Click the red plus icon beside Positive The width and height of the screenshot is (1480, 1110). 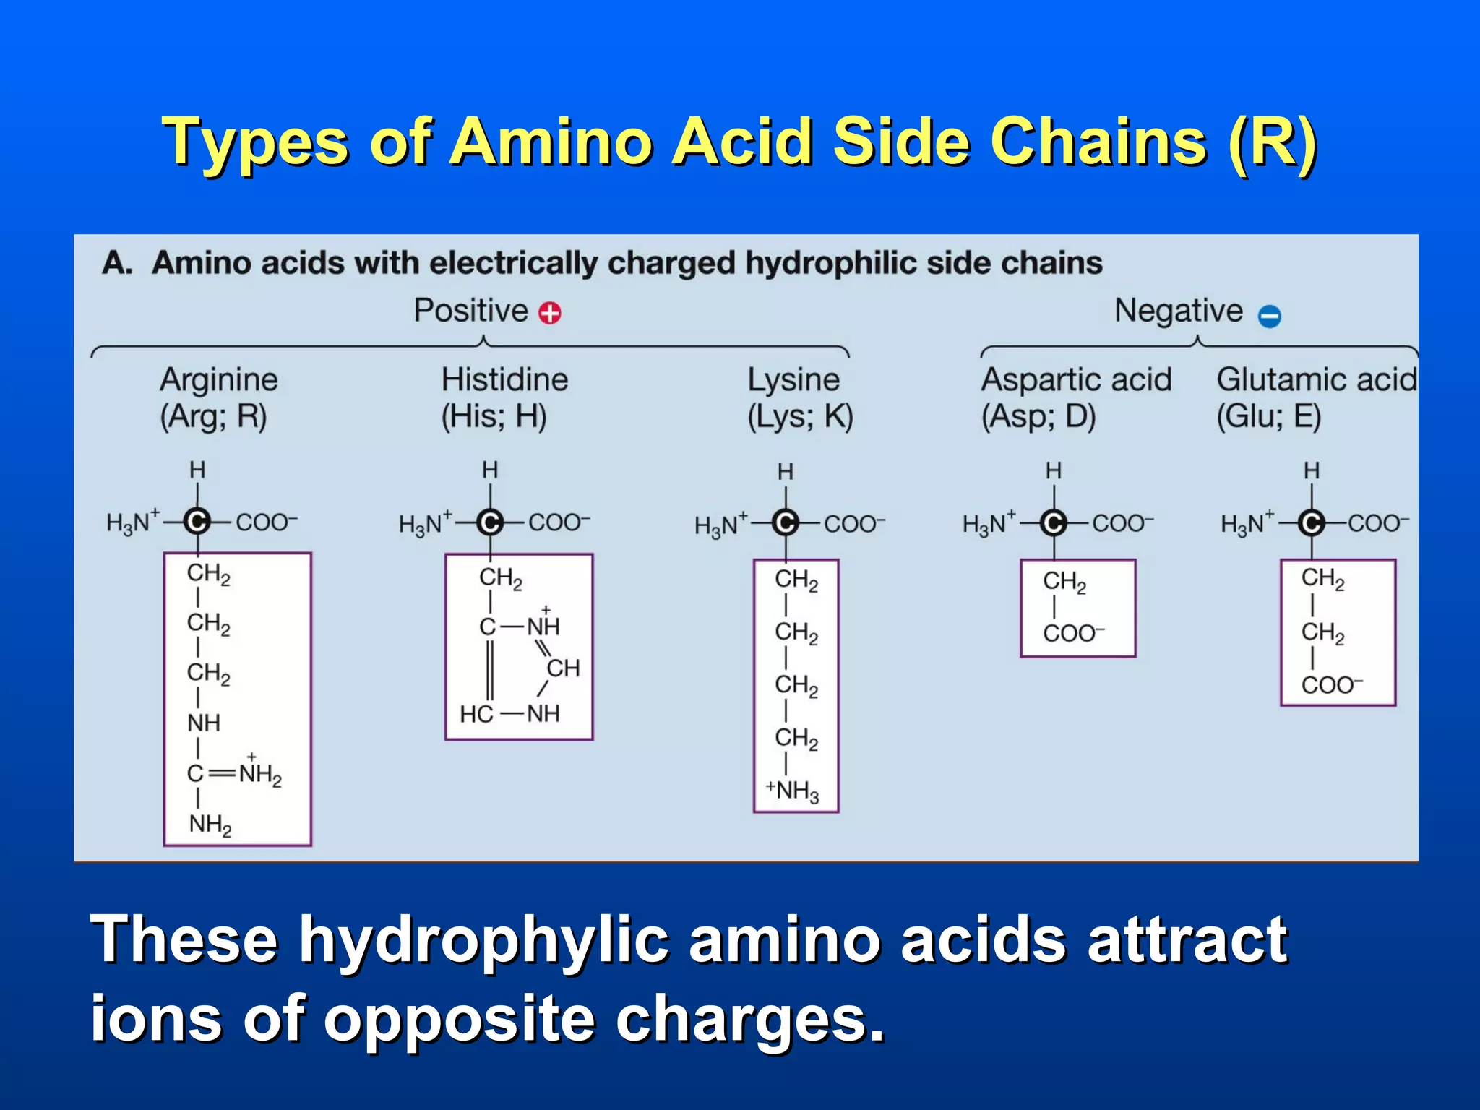tap(550, 313)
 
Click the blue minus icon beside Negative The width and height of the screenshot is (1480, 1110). tap(1270, 316)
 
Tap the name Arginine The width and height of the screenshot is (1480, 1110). tap(219, 379)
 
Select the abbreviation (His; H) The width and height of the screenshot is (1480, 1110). tap(494, 416)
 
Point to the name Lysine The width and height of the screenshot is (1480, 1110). tap(793, 379)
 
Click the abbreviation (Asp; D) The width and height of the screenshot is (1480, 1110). tap(1038, 416)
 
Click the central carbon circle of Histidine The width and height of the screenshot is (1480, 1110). tap(490, 522)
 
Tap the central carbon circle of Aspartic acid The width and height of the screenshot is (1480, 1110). tap(1054, 522)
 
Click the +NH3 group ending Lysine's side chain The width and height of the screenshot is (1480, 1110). tap(793, 791)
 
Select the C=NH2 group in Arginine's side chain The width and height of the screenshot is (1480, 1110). tap(234, 773)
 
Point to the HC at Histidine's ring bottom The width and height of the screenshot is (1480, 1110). tap(476, 714)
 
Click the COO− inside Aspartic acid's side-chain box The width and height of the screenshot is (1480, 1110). tap(1073, 633)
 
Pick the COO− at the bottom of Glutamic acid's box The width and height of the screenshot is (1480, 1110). tap(1332, 684)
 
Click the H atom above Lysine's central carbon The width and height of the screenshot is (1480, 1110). tap(786, 472)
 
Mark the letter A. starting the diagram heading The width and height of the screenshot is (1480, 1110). tap(117, 263)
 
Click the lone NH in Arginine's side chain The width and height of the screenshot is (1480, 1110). tap(203, 723)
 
